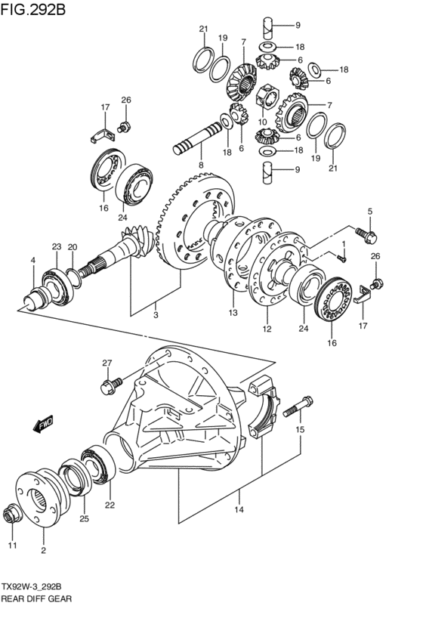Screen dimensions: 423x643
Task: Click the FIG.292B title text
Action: (32, 8)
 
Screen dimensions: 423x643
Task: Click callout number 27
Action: (107, 363)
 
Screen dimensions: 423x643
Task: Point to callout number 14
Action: (239, 509)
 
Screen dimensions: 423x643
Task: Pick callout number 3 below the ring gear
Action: (156, 315)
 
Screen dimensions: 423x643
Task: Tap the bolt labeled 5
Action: (366, 235)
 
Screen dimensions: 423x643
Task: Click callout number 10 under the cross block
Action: (262, 122)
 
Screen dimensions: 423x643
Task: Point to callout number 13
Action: (233, 313)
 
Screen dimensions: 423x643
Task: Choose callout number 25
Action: (84, 519)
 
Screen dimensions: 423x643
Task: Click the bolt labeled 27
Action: (111, 385)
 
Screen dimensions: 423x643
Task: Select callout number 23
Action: (56, 246)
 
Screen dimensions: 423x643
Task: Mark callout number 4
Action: (33, 260)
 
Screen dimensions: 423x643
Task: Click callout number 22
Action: (110, 505)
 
